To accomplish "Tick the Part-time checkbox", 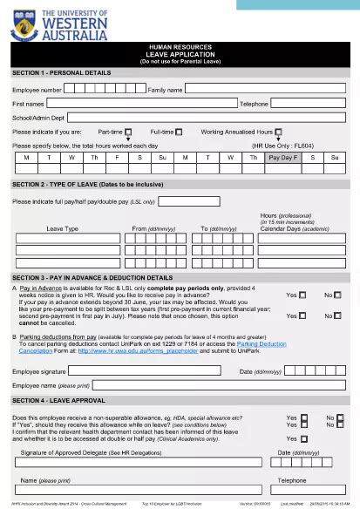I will point(128,132).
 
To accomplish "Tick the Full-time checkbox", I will point(180,132).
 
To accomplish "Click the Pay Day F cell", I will point(282,158).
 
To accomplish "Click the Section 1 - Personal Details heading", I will point(62,71).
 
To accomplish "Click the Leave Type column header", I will point(62,228).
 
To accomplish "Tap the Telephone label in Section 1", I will point(255,103).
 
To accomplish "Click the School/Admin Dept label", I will point(38,117).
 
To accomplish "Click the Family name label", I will point(165,90).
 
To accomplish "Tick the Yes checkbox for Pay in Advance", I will point(302,295).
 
